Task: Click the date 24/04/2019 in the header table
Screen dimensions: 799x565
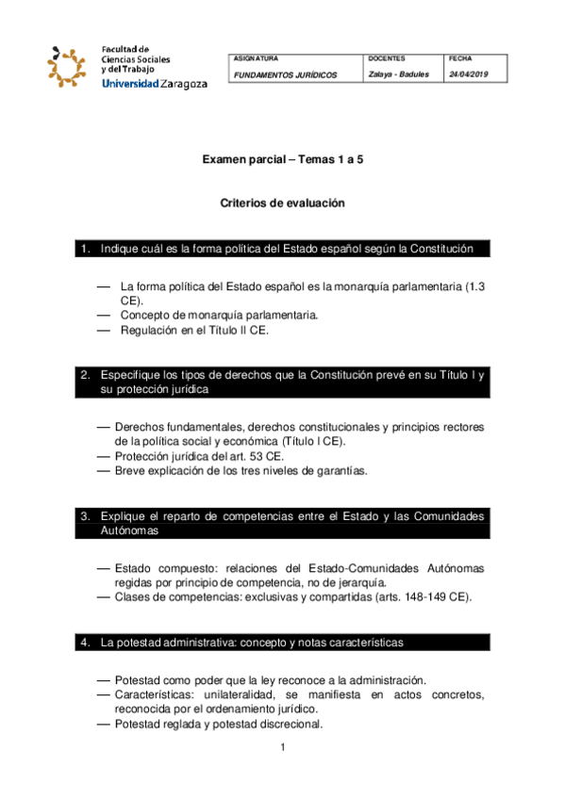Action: coord(470,75)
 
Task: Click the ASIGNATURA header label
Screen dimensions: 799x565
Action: coord(256,58)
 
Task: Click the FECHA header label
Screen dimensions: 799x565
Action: coord(463,58)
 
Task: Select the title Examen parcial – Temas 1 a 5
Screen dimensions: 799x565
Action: coord(283,161)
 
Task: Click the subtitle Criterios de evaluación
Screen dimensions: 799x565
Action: coord(283,203)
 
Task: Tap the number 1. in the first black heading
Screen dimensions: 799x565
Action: coord(86,249)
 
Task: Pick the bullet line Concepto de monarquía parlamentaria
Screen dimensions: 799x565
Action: coord(219,314)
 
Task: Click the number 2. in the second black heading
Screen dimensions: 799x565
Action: coord(86,375)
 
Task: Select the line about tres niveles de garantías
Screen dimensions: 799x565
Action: coord(241,470)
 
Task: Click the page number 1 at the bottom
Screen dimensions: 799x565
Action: coord(282,747)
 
